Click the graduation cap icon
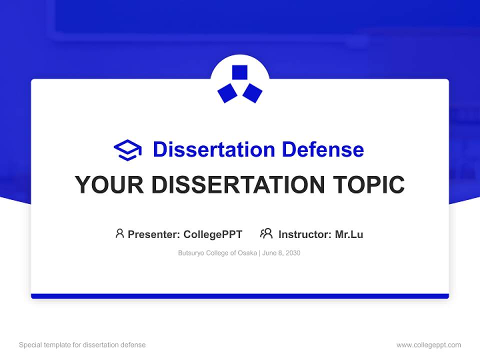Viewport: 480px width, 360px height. click(x=127, y=150)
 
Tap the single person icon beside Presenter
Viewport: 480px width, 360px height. click(x=119, y=233)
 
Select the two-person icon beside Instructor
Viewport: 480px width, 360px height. click(x=266, y=233)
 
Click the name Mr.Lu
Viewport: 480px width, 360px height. click(x=349, y=234)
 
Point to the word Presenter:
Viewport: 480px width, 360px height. click(x=154, y=234)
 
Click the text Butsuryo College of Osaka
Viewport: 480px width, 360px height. click(x=217, y=253)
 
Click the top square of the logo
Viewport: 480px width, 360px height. click(x=240, y=72)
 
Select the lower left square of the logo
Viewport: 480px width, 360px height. click(x=227, y=93)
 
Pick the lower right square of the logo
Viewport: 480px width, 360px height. click(x=252, y=93)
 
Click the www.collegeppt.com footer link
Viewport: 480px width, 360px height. click(x=428, y=345)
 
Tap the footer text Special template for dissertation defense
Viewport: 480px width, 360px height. click(x=82, y=345)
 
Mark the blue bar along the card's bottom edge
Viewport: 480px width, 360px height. click(x=240, y=296)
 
